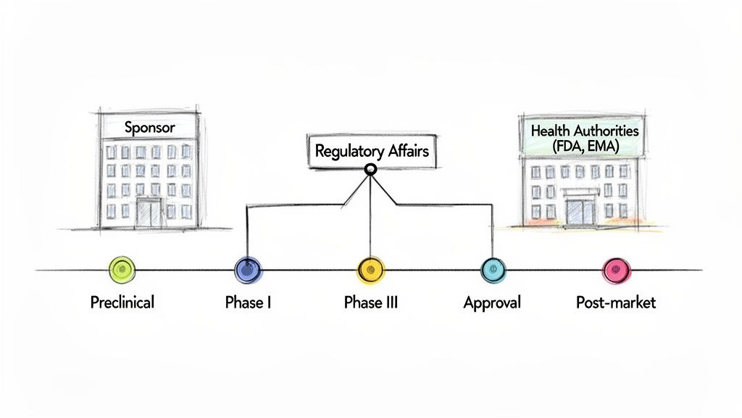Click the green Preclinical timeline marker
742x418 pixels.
click(x=121, y=270)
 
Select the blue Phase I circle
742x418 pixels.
click(x=249, y=270)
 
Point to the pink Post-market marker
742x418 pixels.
click(x=617, y=270)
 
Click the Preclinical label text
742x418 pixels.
click(x=122, y=302)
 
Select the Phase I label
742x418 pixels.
click(x=249, y=302)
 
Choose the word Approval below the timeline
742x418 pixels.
click(x=492, y=302)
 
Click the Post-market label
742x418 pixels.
click(x=616, y=302)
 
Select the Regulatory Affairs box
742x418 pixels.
click(x=372, y=152)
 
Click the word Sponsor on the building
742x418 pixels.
click(x=150, y=127)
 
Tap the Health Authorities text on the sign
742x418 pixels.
click(x=585, y=131)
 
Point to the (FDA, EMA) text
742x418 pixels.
click(x=584, y=146)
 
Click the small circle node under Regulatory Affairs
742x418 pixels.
click(x=371, y=170)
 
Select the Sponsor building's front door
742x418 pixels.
click(x=150, y=212)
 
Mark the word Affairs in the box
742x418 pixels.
click(x=405, y=152)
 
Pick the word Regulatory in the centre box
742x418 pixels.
click(x=349, y=152)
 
